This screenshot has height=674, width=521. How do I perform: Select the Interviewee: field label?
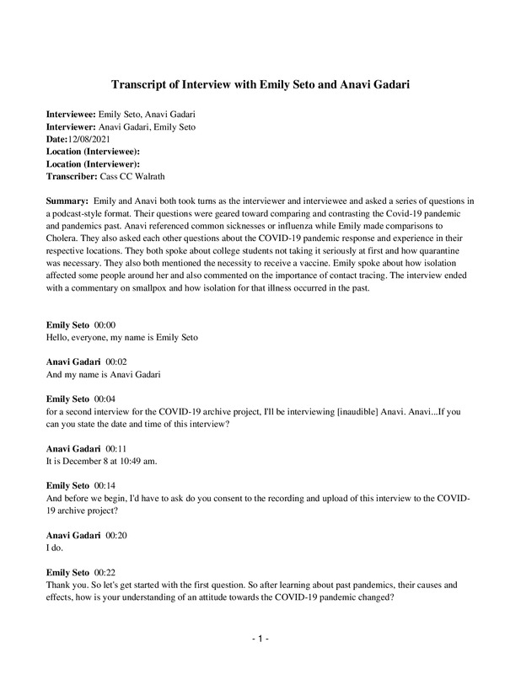click(71, 112)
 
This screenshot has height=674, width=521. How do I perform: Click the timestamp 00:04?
click(105, 399)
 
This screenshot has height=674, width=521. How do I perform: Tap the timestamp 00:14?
click(105, 486)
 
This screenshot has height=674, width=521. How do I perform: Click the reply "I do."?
click(56, 548)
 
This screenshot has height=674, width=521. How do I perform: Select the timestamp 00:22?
click(105, 573)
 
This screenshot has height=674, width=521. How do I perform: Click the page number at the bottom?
click(260, 640)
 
